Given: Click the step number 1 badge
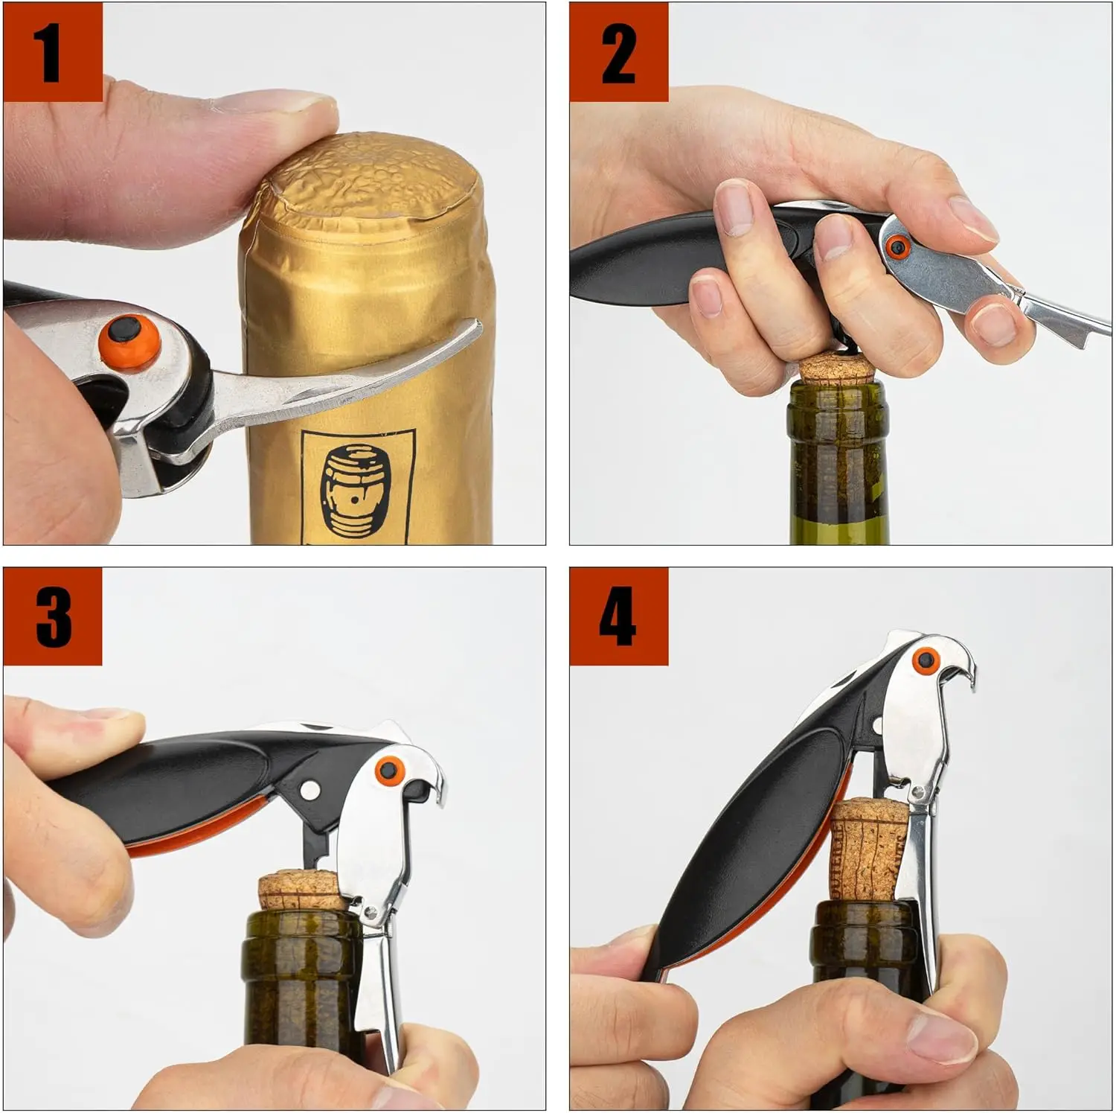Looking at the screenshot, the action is pos(53,52).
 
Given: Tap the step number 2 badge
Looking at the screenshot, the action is pos(618,52).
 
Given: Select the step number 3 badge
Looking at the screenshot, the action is pos(53,616).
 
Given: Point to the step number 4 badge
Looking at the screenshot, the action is pos(618,616).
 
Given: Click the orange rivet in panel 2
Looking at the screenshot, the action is pos(898,246).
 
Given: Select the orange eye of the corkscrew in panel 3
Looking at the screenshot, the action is pos(387,771).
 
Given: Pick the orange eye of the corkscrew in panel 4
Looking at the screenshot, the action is pos(926,659).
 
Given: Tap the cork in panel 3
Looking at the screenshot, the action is pos(301,890).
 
